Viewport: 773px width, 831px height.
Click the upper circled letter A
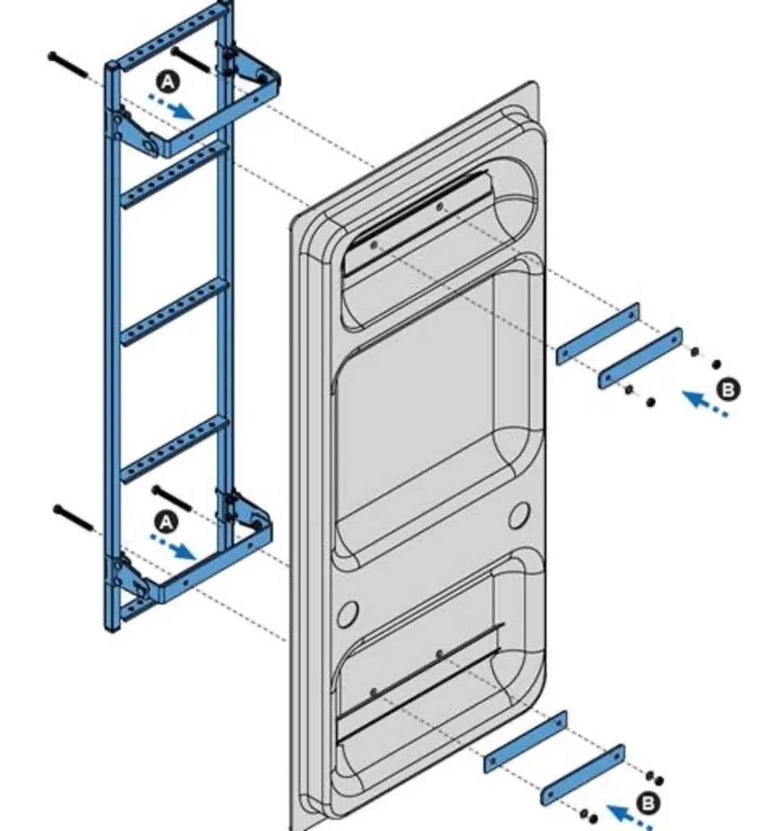[x=167, y=82]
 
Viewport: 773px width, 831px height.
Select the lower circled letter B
[x=648, y=803]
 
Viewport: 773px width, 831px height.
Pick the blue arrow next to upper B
[x=703, y=404]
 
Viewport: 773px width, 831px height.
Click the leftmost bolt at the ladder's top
[x=69, y=64]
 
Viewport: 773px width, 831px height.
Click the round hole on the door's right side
[x=519, y=516]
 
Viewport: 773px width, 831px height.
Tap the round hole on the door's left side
[x=350, y=612]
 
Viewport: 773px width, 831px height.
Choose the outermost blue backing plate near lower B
[x=583, y=774]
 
